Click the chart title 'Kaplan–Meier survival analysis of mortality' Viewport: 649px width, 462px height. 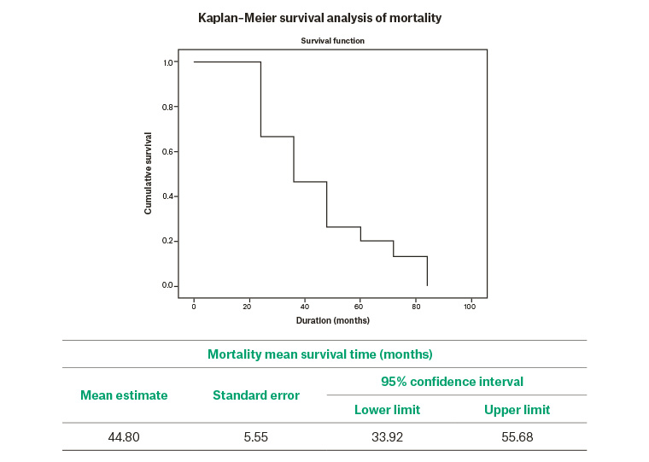tap(319, 17)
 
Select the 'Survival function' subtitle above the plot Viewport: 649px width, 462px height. tap(332, 41)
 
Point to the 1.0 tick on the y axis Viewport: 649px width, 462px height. tap(168, 62)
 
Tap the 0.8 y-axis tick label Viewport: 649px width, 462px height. tap(168, 107)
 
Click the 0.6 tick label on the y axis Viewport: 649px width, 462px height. tap(168, 151)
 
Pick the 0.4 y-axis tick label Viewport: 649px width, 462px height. tap(168, 196)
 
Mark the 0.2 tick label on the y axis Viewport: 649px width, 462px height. tap(168, 241)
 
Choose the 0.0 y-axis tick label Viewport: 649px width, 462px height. tap(168, 285)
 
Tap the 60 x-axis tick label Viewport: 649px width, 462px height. tap(360, 306)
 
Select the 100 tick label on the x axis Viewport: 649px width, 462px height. tap(470, 306)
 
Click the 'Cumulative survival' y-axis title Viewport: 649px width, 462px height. tap(149, 173)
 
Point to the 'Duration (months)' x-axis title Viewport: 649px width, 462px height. tap(332, 320)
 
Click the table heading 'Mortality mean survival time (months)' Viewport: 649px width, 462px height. tap(319, 354)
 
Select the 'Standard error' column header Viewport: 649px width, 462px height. tap(256, 395)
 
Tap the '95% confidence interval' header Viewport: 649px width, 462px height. tap(452, 381)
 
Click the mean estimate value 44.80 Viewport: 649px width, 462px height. tap(124, 436)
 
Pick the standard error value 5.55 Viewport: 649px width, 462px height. tap(256, 436)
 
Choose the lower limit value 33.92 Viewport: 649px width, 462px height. tap(387, 436)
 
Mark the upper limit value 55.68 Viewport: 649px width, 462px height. tap(517, 436)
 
